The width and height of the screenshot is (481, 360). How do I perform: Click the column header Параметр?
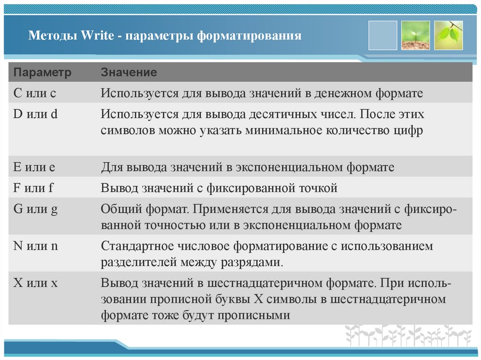42,73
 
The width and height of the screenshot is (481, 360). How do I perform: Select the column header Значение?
129,73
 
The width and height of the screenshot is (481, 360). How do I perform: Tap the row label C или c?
35,93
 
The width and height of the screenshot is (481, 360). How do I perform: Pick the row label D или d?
36,114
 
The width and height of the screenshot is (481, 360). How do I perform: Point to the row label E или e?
35,167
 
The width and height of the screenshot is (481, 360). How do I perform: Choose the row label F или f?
34,189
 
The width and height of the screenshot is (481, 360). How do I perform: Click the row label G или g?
36,210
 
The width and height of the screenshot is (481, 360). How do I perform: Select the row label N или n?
36,246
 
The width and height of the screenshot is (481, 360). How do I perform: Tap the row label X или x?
35,283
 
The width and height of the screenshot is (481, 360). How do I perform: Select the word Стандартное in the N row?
133,246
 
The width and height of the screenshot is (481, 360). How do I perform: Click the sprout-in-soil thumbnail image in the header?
416,35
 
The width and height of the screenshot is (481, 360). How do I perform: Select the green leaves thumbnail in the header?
448,35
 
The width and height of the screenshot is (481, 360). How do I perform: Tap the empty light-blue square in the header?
383,35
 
